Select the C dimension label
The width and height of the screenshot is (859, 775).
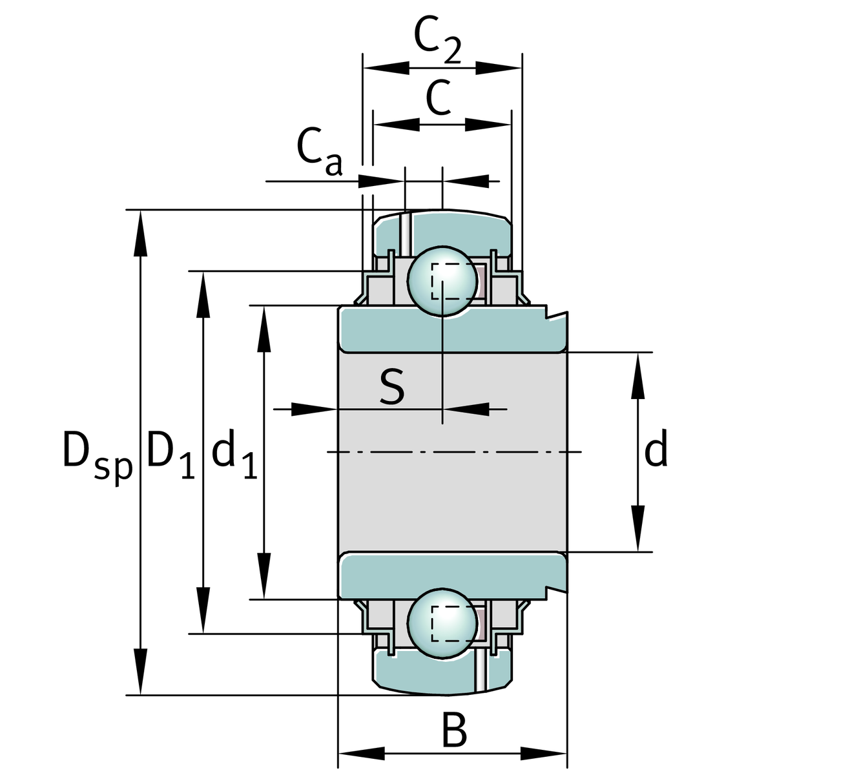(439, 98)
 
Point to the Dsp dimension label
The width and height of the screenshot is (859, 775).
(97, 453)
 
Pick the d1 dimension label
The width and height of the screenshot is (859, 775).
(234, 453)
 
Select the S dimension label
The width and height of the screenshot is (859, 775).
(391, 387)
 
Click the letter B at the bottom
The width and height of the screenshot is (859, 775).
(454, 730)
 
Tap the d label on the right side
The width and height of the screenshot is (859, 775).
(656, 451)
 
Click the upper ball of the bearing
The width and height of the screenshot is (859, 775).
(442, 280)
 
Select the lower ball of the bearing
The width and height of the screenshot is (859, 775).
(442, 623)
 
